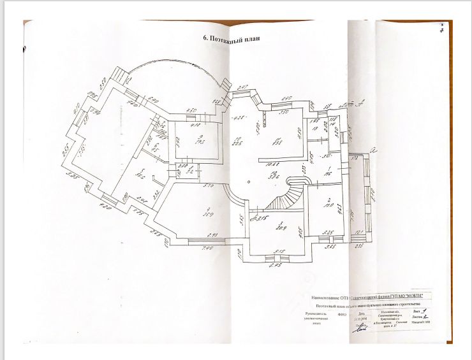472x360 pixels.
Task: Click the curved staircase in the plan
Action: (x=283, y=198)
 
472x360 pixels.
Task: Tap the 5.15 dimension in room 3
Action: (x=279, y=251)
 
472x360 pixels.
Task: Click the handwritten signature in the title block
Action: (x=358, y=328)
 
